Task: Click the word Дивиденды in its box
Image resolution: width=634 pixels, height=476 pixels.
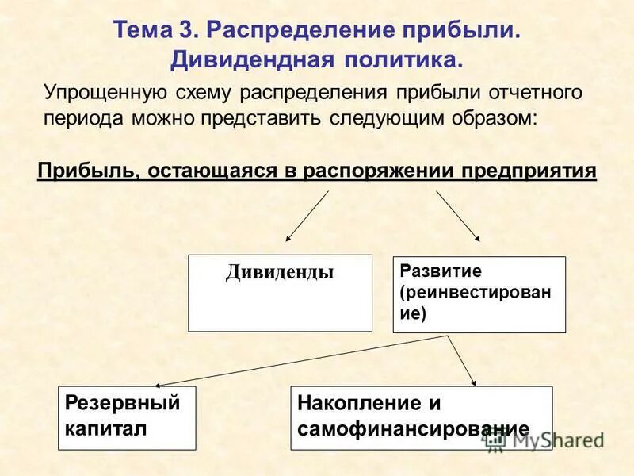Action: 280,273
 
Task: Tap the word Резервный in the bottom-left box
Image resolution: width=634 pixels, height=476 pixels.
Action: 123,403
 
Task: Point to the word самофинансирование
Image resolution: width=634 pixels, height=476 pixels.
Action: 413,429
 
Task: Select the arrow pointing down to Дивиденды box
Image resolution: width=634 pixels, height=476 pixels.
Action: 307,216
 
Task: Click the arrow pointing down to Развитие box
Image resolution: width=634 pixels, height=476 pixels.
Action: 458,216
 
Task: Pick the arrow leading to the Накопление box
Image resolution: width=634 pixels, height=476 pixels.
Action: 463,361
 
